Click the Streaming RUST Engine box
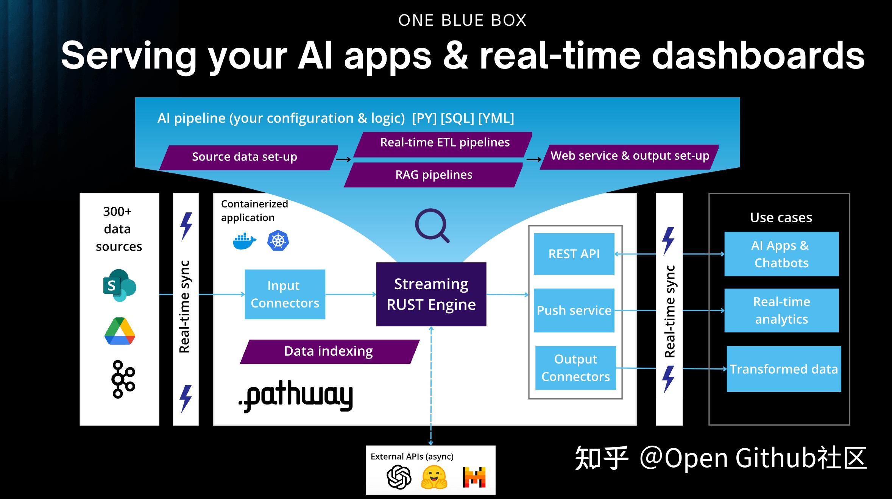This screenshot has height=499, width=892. coord(431,294)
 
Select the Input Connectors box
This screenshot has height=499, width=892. coord(285,294)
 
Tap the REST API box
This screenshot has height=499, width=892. coord(574,254)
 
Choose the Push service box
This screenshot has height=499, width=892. coord(574,310)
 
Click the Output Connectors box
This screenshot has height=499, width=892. coord(575,368)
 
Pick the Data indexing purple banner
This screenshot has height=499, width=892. coord(329,351)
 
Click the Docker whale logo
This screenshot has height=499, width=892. coord(244,242)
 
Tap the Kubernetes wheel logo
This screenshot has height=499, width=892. coord(278,241)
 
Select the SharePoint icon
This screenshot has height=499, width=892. coord(119,285)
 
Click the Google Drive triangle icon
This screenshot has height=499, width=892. coord(120,332)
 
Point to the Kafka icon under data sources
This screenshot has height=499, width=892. coord(122,379)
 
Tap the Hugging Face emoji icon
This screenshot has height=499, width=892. coord(434,477)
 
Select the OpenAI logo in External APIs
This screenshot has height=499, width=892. coord(399,477)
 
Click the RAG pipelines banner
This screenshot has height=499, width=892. coord(434,175)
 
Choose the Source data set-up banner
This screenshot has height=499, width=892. coord(245,157)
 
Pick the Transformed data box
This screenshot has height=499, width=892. coord(783,369)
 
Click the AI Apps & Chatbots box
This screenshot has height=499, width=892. coord(781,254)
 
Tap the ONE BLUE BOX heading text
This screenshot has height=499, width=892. coord(462,20)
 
